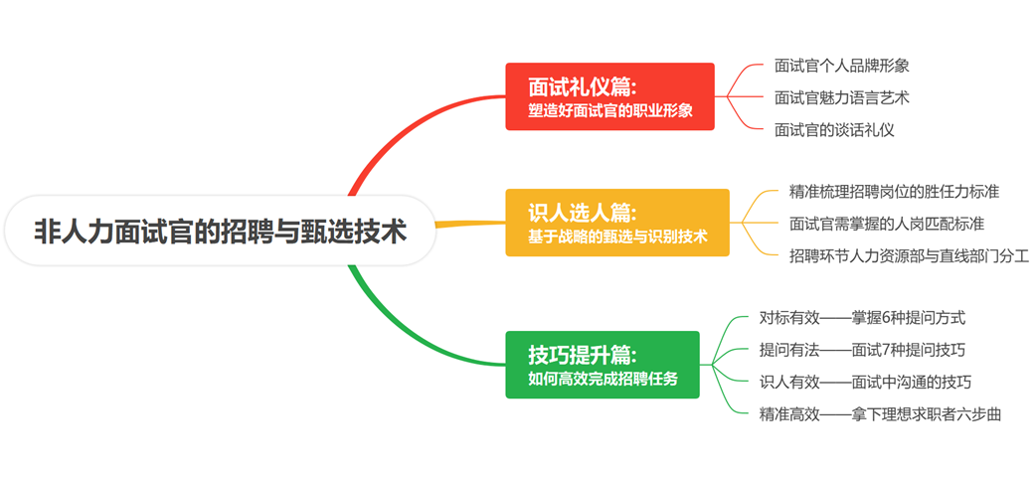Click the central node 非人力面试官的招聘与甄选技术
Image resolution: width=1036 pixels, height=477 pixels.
tap(220, 232)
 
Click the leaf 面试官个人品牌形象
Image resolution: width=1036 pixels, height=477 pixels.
tap(841, 66)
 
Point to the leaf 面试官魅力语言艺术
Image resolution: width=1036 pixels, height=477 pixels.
tap(841, 97)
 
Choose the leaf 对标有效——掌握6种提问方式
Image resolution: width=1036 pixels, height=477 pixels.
tap(862, 318)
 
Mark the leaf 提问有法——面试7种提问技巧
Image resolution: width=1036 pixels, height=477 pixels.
tap(862, 350)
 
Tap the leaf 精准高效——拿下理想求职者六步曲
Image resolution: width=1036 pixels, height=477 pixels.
tap(880, 413)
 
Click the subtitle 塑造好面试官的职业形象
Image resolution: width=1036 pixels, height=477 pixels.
tap(609, 110)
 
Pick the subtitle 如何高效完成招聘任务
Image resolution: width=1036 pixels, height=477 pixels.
tap(602, 379)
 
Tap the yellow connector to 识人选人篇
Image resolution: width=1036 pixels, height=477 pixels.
tap(467, 225)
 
